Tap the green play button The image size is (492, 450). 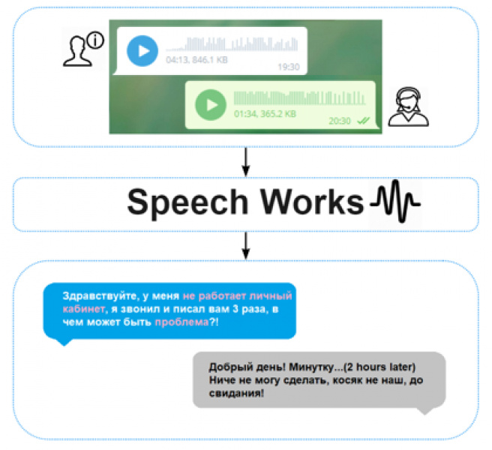tap(210, 103)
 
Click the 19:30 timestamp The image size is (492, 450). tap(288, 67)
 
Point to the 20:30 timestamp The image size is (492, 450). tap(339, 119)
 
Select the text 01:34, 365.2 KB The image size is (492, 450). tap(265, 114)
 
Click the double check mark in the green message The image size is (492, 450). tap(364, 119)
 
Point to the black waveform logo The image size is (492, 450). tap(396, 202)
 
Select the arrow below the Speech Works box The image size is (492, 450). tap(246, 244)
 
